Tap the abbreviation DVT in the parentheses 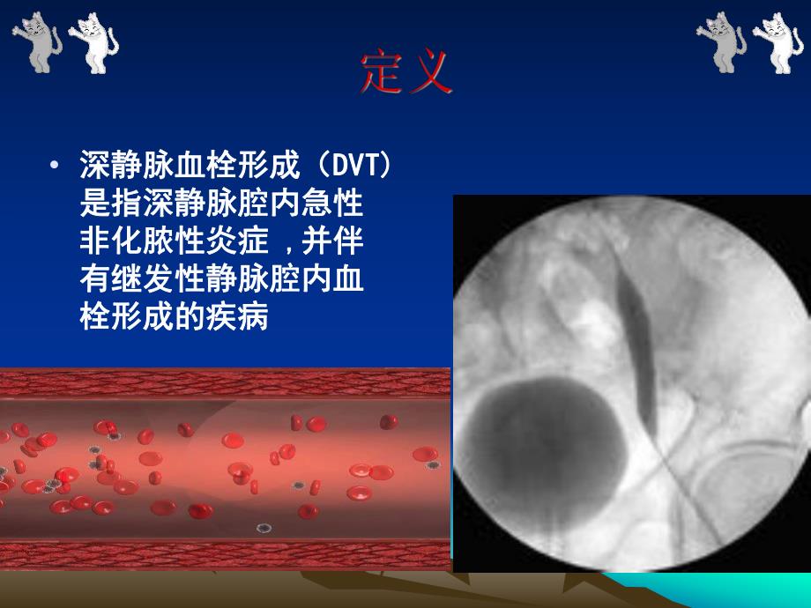[x=354, y=165]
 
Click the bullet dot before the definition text [x=56, y=165]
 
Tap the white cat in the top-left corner [x=91, y=42]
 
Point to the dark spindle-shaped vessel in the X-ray [x=641, y=335]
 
